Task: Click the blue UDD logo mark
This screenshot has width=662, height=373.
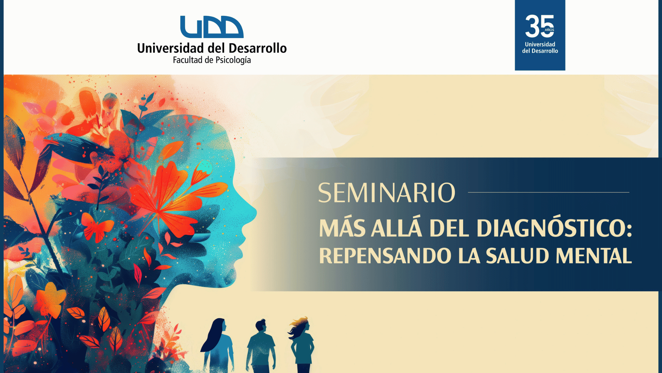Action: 212,27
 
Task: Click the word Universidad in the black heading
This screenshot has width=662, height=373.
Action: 170,48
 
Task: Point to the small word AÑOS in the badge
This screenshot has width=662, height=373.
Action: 550,30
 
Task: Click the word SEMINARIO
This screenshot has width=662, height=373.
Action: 387,193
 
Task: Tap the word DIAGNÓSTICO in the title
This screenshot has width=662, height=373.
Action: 554,228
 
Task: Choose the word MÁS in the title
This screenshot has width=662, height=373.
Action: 342,228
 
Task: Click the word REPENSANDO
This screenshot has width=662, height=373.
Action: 385,256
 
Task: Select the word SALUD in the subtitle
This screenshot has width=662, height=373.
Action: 517,256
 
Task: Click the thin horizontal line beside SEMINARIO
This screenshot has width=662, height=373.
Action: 549,192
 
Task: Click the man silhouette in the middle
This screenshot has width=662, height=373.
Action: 261,346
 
